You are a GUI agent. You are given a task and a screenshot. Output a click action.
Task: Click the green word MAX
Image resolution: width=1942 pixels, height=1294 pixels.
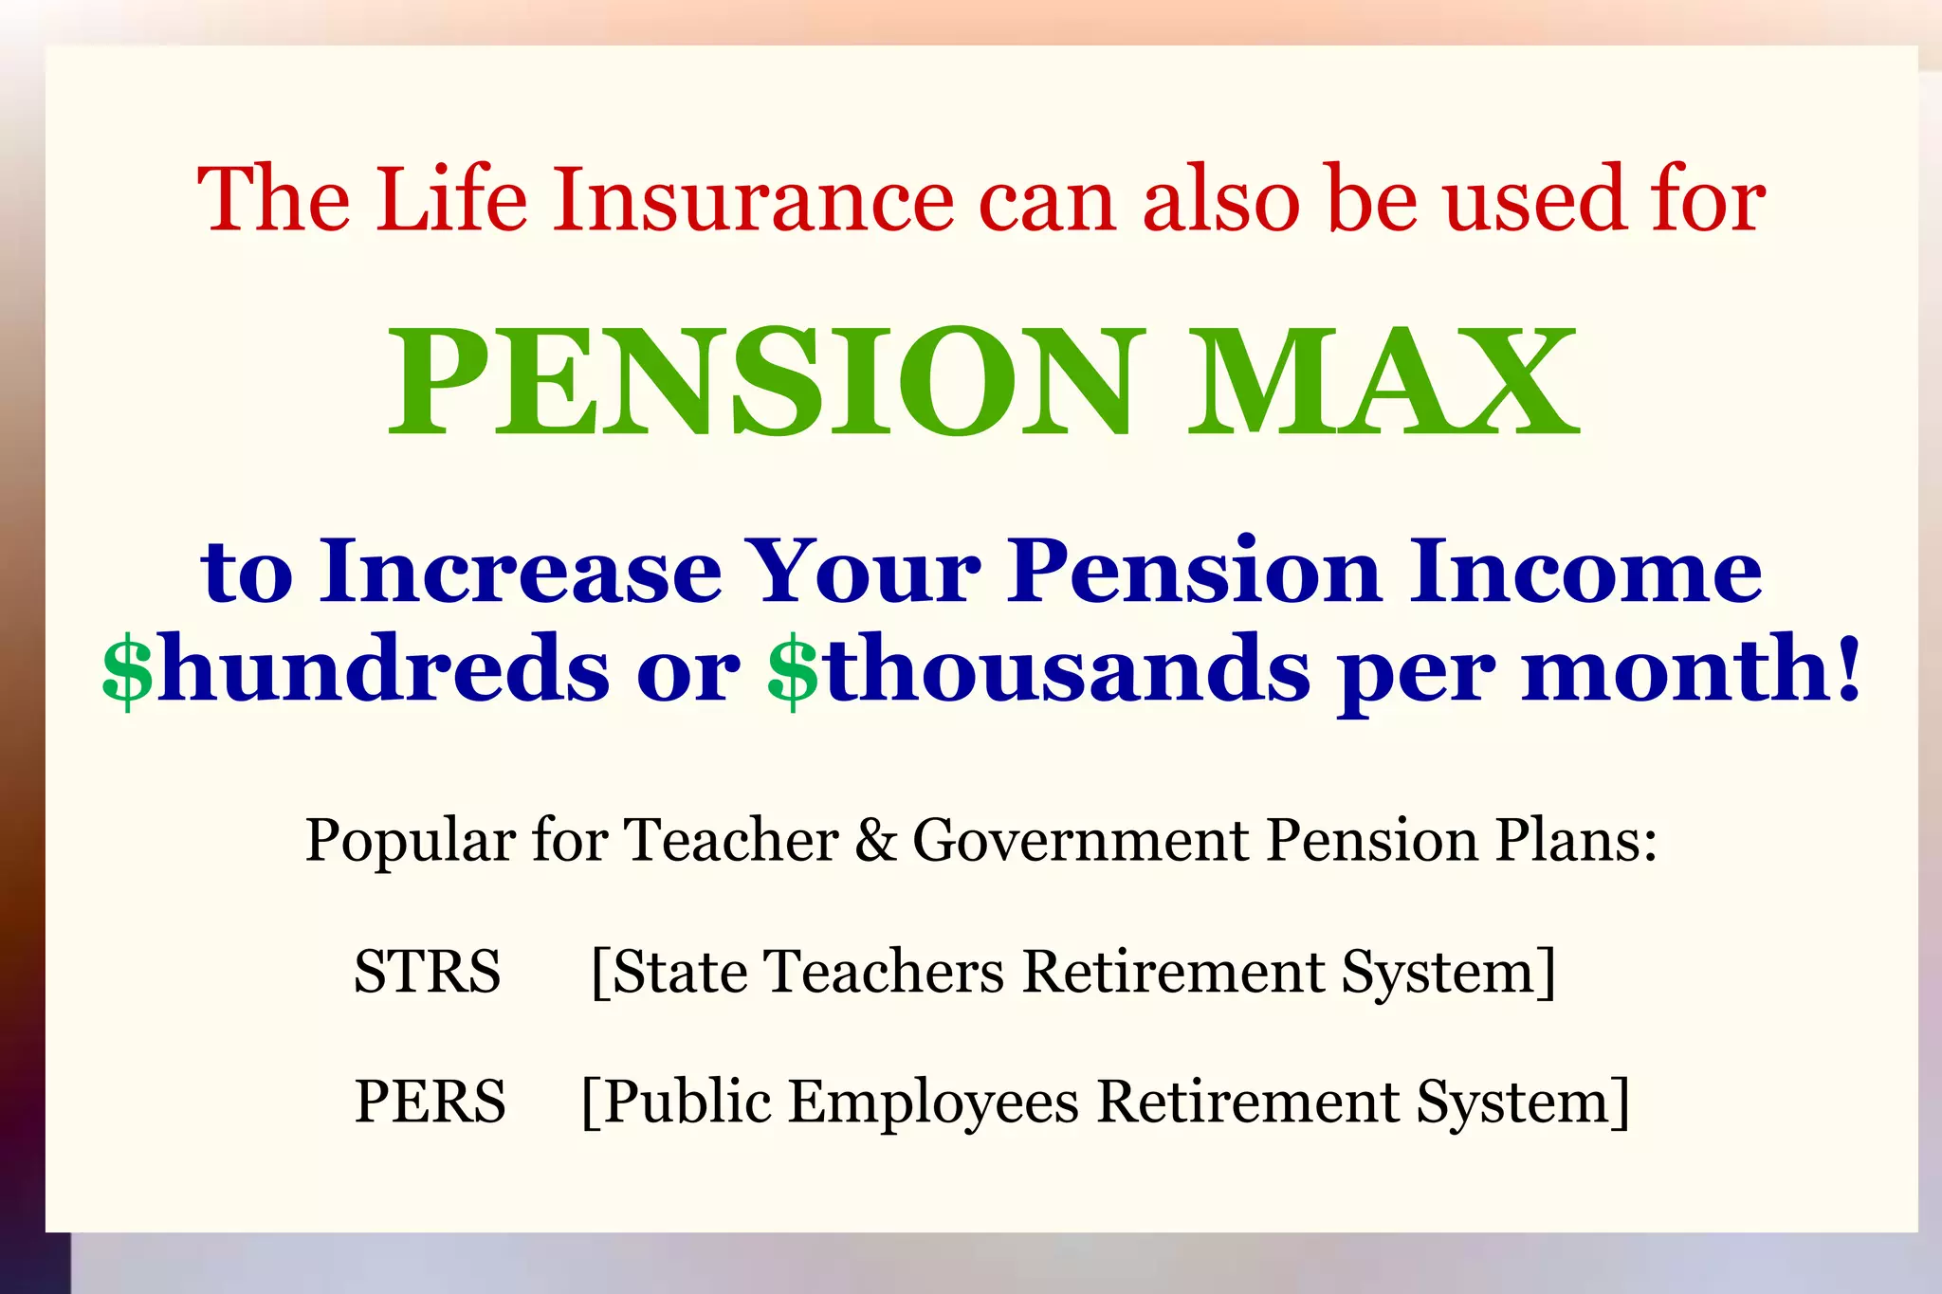(x=1383, y=381)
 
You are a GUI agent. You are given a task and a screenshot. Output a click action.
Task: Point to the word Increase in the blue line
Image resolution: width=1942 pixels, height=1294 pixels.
(x=521, y=572)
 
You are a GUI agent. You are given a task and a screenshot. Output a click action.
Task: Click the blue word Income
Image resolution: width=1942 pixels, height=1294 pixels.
(x=1585, y=572)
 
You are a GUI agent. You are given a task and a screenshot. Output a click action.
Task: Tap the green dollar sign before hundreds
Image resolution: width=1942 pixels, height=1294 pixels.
(x=127, y=670)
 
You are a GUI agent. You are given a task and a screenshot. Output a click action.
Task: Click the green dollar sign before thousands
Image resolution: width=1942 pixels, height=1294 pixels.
(x=793, y=670)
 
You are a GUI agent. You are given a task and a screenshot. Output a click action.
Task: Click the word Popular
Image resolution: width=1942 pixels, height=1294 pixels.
(x=410, y=841)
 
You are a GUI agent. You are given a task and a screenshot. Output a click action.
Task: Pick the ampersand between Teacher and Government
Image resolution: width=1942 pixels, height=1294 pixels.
(x=875, y=841)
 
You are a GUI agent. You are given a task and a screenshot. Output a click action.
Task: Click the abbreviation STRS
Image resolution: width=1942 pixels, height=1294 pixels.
(x=427, y=972)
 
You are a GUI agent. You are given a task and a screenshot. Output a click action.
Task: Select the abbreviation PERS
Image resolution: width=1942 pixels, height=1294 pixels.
(x=430, y=1102)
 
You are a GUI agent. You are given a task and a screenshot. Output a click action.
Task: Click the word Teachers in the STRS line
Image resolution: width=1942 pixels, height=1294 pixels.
(x=884, y=972)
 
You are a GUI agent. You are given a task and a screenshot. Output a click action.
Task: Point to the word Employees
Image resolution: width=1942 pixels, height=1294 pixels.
(x=933, y=1103)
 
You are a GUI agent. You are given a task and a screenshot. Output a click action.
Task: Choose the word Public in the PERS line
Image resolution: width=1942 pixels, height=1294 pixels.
(x=687, y=1102)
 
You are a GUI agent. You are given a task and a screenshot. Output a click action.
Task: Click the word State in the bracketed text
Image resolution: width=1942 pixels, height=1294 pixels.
(x=679, y=972)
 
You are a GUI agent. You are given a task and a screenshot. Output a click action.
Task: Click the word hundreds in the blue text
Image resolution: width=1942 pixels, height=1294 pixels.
(x=383, y=670)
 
